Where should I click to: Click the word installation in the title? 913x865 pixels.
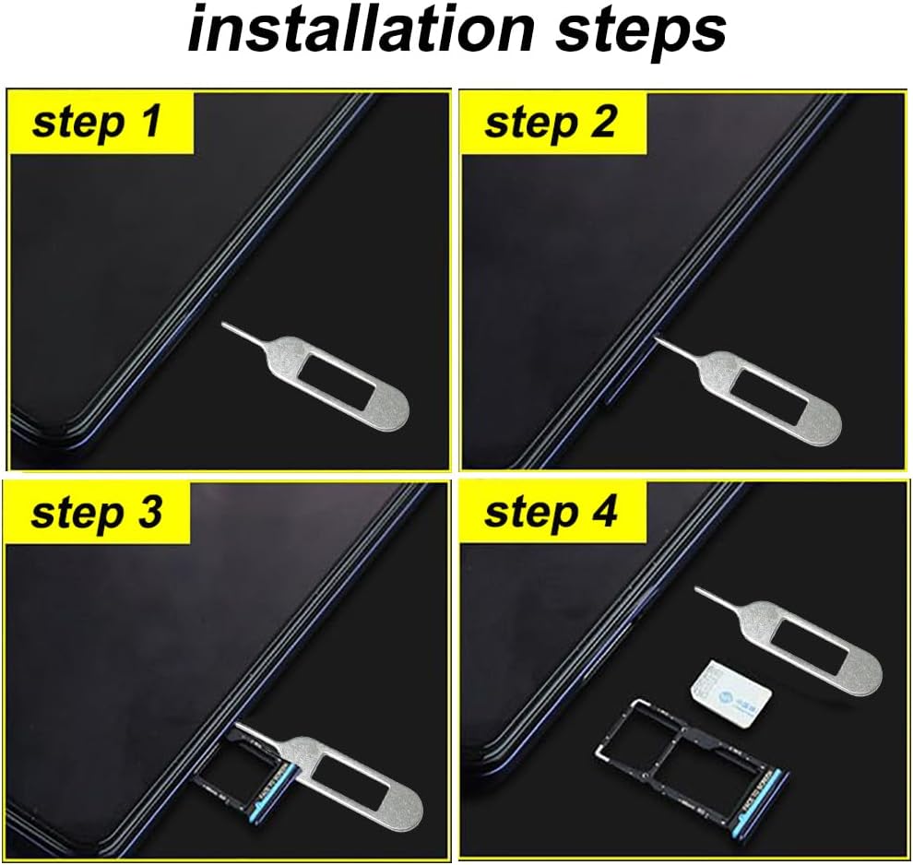click(x=360, y=31)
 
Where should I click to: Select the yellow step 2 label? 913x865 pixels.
click(x=551, y=122)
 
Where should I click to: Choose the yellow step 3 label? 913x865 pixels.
click(x=97, y=513)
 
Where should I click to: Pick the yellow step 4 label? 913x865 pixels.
click(x=551, y=513)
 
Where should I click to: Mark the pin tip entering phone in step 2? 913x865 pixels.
click(x=658, y=339)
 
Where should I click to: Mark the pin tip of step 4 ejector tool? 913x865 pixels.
click(x=698, y=589)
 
